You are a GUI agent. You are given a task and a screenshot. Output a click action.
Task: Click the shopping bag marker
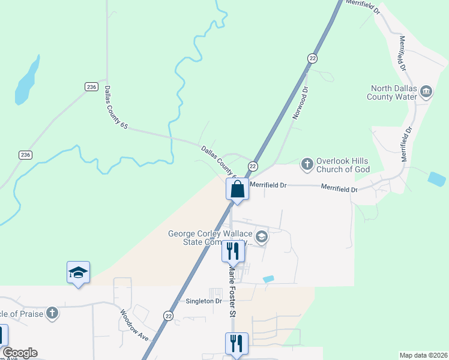238,190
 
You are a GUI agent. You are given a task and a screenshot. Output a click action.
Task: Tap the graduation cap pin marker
78,272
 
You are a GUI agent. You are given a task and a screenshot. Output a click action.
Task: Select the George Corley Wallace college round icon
261,237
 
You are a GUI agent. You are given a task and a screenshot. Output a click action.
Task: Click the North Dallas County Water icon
426,92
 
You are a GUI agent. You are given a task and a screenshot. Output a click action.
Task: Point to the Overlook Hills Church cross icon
307,164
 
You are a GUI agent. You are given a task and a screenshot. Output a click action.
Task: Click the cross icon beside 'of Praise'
52,313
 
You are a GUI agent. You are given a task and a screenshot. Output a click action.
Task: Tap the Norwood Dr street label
300,103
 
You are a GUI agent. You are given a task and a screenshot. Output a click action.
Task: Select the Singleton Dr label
204,301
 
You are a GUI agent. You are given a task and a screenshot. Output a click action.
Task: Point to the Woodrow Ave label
133,325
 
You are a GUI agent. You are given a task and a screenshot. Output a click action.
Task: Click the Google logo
20,353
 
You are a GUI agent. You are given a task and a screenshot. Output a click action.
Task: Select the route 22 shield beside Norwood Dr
312,58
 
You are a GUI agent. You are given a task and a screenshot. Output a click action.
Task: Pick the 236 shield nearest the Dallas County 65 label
91,86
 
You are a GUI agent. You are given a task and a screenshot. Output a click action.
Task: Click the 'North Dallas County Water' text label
394,92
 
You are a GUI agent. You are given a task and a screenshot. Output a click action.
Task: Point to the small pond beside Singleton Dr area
268,279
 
